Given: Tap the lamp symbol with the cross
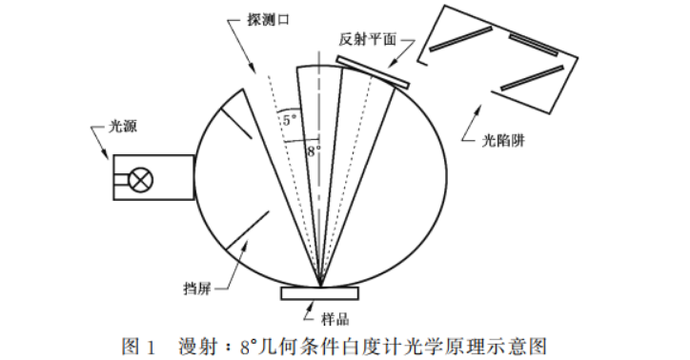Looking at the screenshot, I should click(x=142, y=179).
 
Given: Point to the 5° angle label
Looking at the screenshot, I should click(x=289, y=120).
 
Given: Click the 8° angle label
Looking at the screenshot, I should click(x=313, y=150).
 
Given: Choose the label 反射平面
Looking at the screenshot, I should click(x=367, y=41).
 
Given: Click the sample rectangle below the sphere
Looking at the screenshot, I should click(x=319, y=292).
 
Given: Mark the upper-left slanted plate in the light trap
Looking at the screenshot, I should click(x=460, y=39).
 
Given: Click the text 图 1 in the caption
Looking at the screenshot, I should click(x=138, y=343).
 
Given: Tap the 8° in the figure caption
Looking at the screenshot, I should click(x=251, y=343).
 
